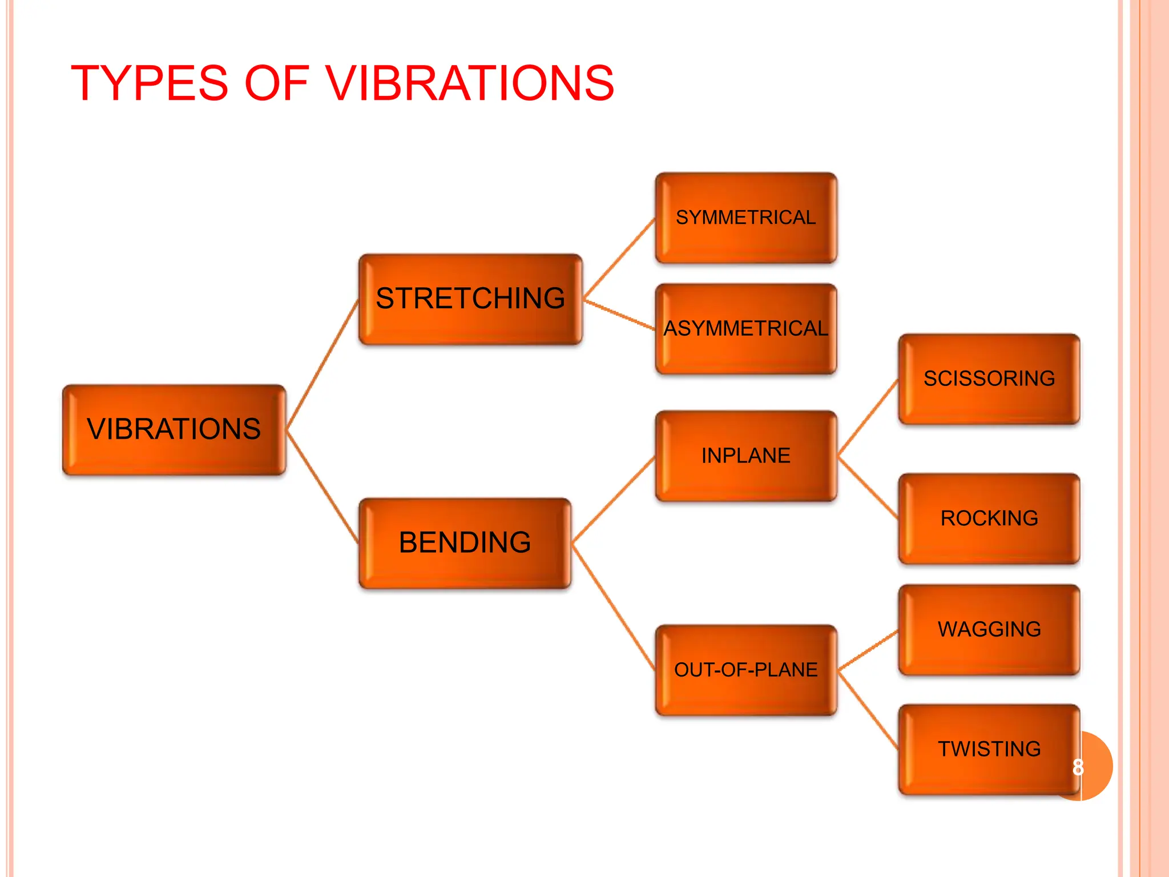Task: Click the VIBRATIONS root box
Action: click(x=174, y=429)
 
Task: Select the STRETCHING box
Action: click(x=470, y=299)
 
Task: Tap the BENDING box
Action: click(x=465, y=542)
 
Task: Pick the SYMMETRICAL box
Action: click(x=745, y=218)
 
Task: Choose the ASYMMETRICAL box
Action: click(x=745, y=329)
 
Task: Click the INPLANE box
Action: click(x=745, y=456)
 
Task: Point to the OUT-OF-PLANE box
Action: click(x=745, y=670)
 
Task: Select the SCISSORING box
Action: click(x=989, y=379)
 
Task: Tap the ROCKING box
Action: click(x=989, y=518)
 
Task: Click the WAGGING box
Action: click(x=989, y=629)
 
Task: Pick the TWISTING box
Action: click(x=989, y=749)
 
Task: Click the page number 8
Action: click(x=1078, y=767)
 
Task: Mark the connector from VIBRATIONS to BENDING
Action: click(x=323, y=486)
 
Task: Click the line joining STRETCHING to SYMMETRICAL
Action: click(x=619, y=258)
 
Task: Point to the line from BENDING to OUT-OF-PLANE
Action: click(x=614, y=607)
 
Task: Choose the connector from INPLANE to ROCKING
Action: click(x=868, y=488)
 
